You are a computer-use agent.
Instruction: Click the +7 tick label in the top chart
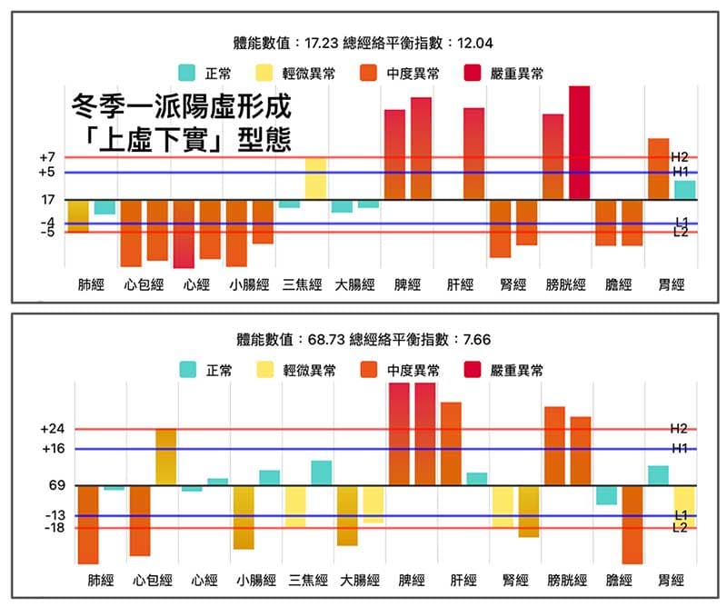pos(47,158)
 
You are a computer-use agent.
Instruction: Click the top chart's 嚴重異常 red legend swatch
pos(473,73)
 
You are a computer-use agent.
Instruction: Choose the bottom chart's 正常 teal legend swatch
pos(188,370)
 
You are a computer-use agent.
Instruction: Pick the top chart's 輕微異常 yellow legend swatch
pos(265,73)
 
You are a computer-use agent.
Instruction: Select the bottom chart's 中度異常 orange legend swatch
pos(369,370)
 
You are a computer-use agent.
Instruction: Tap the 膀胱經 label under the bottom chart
pos(567,580)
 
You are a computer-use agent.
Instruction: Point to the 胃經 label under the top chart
pos(671,284)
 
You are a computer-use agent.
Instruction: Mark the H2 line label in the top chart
pos(680,156)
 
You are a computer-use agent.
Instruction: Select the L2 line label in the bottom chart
pos(680,528)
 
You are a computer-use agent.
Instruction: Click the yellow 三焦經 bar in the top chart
pos(315,179)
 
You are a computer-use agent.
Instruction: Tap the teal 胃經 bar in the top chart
pos(685,190)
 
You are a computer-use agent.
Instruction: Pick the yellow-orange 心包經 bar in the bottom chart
pos(165,457)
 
